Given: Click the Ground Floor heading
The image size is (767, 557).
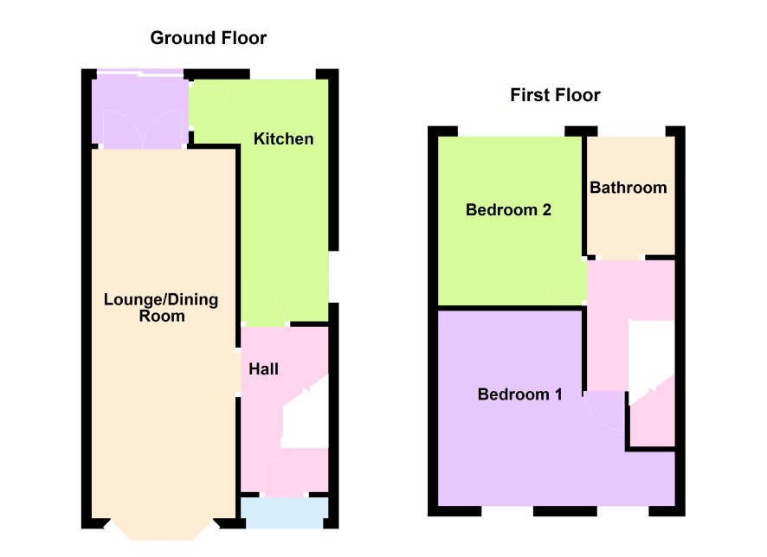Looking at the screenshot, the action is click(209, 38).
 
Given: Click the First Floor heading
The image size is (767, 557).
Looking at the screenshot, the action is click(555, 95).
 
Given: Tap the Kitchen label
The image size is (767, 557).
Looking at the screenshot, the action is click(284, 138).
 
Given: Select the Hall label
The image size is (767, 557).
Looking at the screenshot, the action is click(264, 369).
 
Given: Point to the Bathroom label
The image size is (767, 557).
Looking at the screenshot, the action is click(628, 188).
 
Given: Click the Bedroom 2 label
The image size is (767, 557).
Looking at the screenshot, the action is click(508, 210).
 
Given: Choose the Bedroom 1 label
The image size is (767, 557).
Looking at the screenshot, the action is click(520, 394).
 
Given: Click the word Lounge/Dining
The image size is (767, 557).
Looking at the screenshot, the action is click(161, 299).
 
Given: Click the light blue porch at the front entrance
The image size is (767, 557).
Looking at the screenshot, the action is click(284, 513).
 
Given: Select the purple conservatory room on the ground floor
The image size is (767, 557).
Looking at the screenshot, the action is click(140, 112).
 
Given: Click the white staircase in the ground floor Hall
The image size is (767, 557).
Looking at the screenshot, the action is click(306, 413).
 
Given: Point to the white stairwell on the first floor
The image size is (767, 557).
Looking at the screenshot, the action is click(651, 362).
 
